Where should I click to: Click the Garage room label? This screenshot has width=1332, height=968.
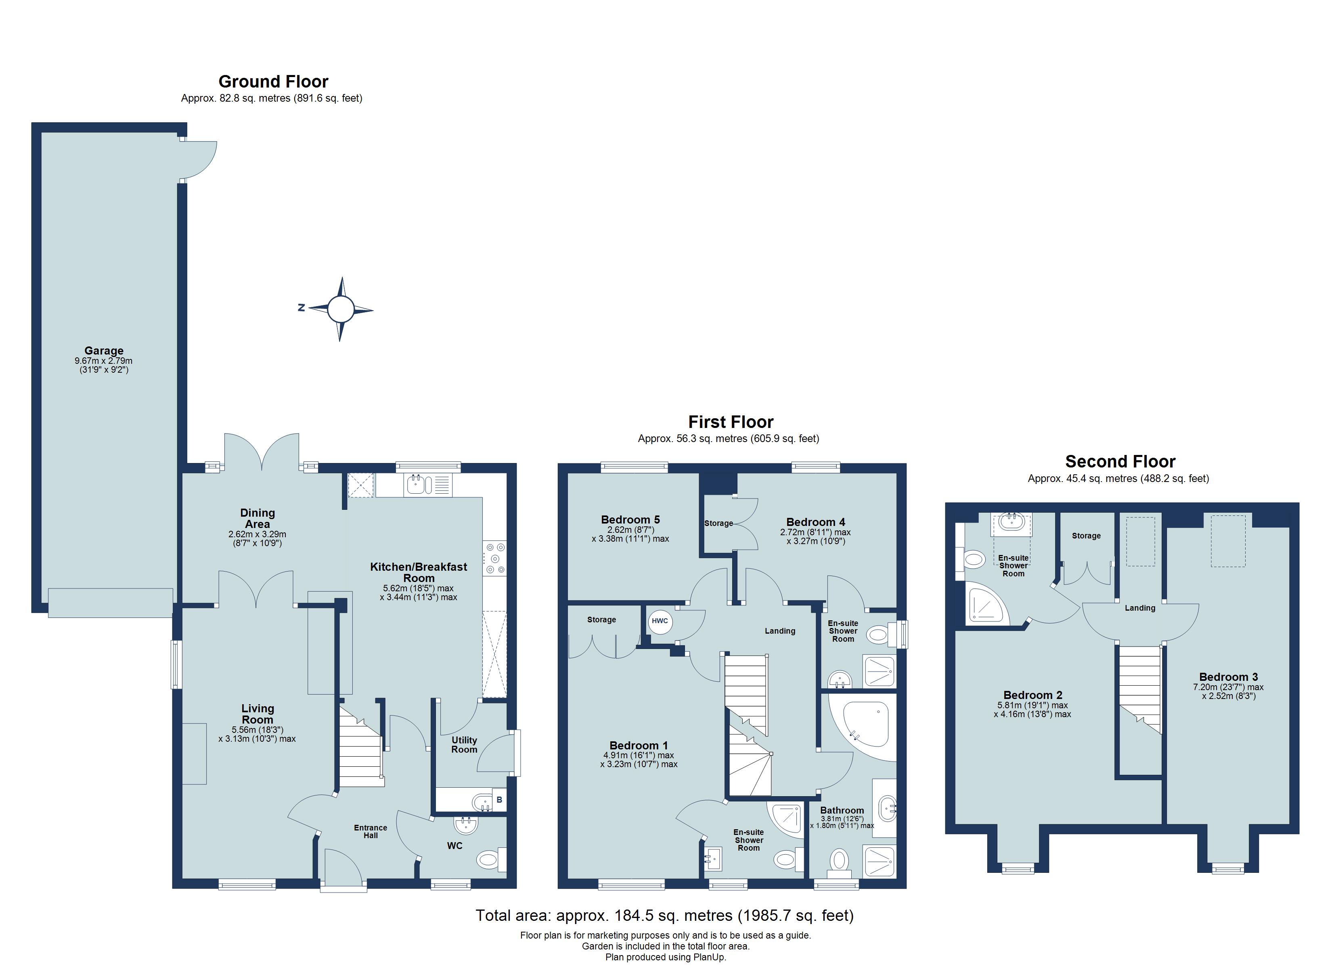104,350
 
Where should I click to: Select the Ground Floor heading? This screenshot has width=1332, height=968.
273,81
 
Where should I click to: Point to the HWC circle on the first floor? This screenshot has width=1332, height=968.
660,621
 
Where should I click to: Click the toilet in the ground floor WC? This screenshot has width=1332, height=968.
489,861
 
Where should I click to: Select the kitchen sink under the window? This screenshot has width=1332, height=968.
417,485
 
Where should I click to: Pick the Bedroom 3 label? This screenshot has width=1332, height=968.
1228,677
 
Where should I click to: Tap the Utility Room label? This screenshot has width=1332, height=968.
464,744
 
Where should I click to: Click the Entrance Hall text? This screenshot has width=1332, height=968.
371,831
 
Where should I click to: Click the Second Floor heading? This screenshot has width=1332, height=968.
1120,461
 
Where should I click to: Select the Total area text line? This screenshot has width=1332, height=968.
664,915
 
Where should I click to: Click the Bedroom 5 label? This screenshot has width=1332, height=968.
630,519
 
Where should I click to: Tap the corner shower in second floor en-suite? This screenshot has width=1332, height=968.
985,604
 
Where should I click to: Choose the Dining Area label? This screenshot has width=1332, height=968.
257,518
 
